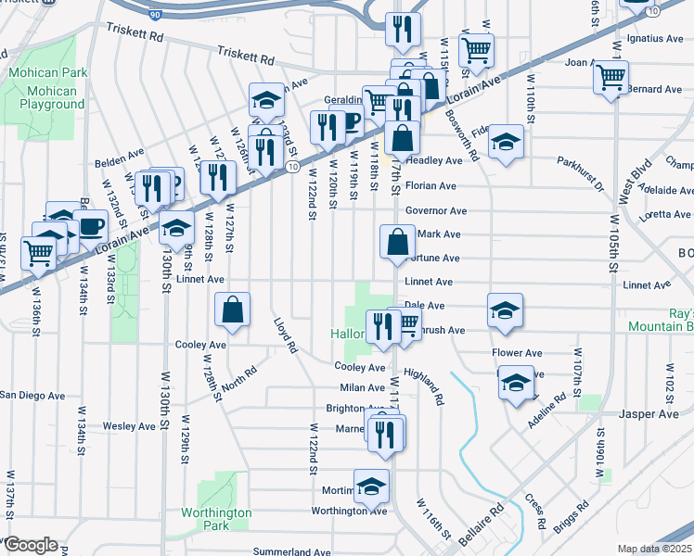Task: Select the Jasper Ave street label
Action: pos(650,414)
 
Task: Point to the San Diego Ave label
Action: pos(32,396)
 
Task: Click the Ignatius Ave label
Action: pos(655,39)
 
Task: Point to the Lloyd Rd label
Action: pos(284,336)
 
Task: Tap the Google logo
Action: pos(31,545)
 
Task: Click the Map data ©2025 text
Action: pos(655,549)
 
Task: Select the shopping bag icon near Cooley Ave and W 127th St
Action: pos(232,310)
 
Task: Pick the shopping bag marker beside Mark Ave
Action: pos(397,243)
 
